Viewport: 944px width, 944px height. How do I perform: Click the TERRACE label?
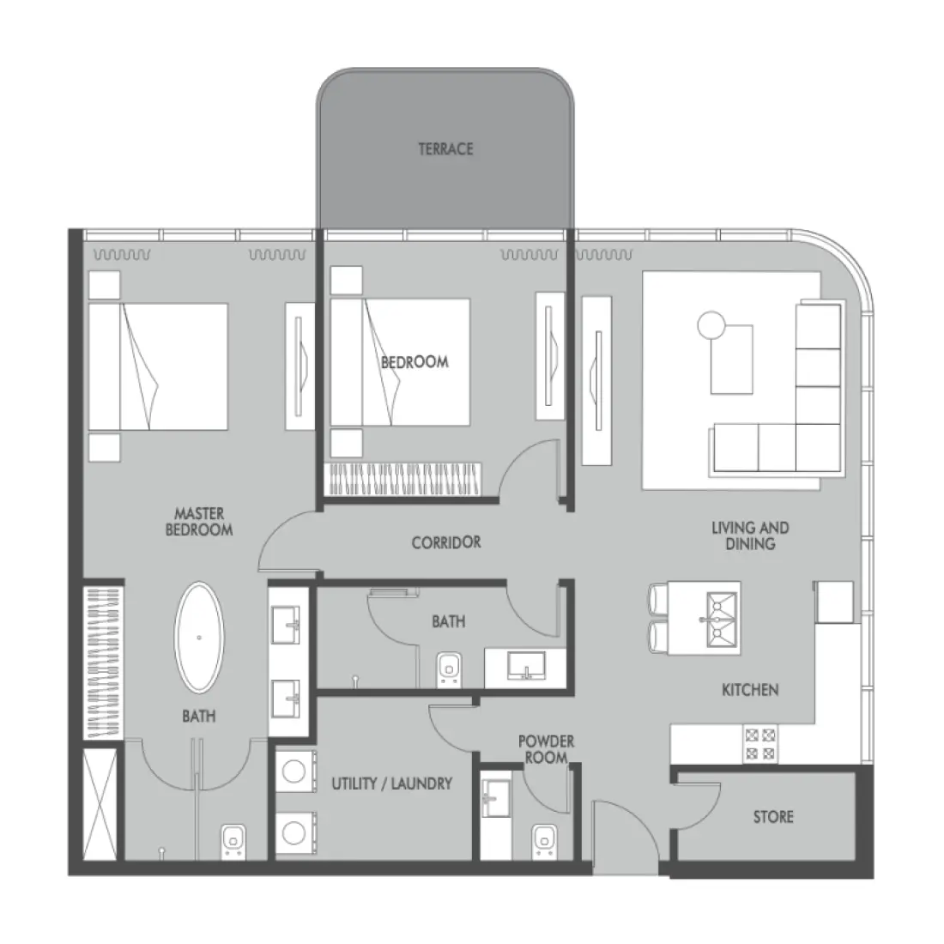pos(445,149)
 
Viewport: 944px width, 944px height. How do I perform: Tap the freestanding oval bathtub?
pos(199,638)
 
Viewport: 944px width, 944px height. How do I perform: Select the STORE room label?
pos(773,817)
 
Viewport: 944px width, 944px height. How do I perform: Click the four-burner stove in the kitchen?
pos(759,743)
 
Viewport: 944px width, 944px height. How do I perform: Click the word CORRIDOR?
pos(445,542)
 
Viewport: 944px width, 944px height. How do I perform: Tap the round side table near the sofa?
pos(711,325)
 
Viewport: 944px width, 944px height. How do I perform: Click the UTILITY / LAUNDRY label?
pos(391,783)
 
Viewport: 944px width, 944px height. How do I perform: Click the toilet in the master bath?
pos(232,841)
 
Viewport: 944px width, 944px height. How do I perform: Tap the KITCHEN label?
pos(750,689)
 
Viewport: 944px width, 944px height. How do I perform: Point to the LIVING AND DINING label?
pos(750,536)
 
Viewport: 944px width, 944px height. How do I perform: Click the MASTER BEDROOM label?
pos(198,522)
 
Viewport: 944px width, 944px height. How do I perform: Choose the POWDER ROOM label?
pos(546,748)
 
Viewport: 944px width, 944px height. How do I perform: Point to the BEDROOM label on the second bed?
pos(415,362)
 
